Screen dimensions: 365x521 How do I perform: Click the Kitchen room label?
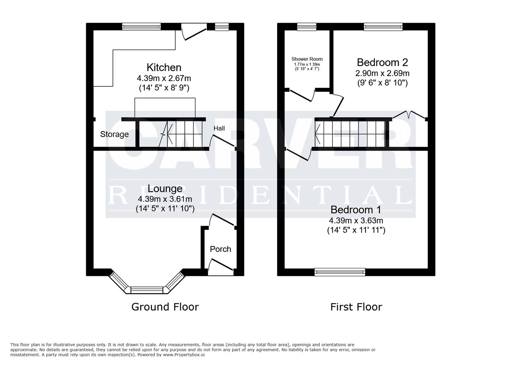pyautogui.click(x=164, y=67)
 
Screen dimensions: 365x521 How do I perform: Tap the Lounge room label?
pyautogui.click(x=165, y=189)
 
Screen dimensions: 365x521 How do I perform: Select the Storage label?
pyautogui.click(x=114, y=134)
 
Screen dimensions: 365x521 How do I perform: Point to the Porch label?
pyautogui.click(x=220, y=249)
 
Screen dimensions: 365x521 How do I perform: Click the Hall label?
pyautogui.click(x=219, y=128)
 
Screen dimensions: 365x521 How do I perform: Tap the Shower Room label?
pyautogui.click(x=307, y=59)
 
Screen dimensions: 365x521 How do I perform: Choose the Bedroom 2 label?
pyautogui.click(x=382, y=63)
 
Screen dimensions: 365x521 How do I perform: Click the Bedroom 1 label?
pyautogui.click(x=356, y=210)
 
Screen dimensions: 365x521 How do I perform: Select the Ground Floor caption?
pyautogui.click(x=165, y=307)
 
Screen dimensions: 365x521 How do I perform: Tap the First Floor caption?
pyautogui.click(x=356, y=307)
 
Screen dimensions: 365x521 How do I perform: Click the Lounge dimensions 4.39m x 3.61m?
pyautogui.click(x=165, y=199)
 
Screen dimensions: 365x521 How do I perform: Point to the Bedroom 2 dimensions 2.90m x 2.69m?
pyautogui.click(x=382, y=73)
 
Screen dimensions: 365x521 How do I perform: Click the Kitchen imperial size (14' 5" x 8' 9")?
pyautogui.click(x=164, y=88)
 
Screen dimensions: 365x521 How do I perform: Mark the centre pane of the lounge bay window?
pyautogui.click(x=147, y=290)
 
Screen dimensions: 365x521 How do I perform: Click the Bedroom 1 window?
pyautogui.click(x=339, y=272)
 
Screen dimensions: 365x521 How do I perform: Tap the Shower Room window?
pyautogui.click(x=307, y=27)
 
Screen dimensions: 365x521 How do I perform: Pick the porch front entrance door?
pyautogui.click(x=221, y=265)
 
